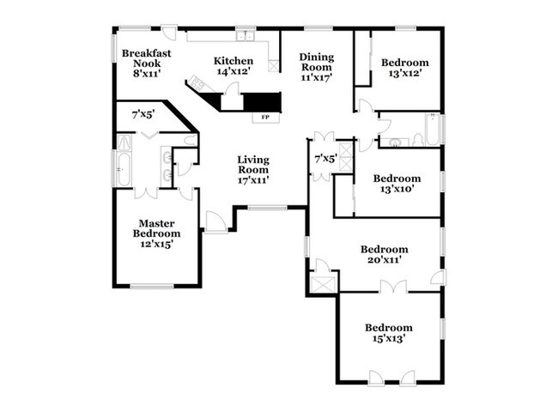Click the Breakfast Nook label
(146, 64)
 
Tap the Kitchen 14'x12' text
(234, 66)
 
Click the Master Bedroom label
(157, 233)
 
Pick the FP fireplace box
(266, 117)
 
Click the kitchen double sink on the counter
(245, 37)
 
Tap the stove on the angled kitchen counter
(198, 84)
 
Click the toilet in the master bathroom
(190, 140)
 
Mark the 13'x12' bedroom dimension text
(404, 74)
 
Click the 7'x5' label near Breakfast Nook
(143, 113)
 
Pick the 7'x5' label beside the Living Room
(325, 160)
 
